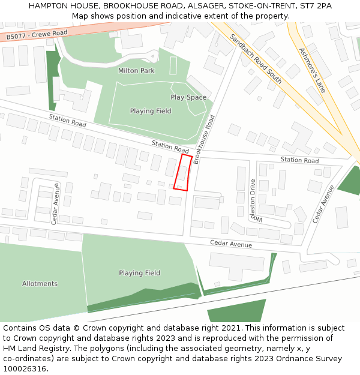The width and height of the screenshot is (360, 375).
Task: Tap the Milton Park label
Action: click(136, 71)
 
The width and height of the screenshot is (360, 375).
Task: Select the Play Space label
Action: click(188, 97)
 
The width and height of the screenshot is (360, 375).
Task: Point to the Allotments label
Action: click(40, 284)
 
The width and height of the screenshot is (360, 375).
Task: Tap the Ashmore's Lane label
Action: click(312, 70)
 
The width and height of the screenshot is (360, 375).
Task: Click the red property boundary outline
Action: click(183, 173)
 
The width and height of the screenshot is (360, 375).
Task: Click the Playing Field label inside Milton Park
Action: click(151, 111)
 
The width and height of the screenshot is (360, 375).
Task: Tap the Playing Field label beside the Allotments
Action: click(139, 273)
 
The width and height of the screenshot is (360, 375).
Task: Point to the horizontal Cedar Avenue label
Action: click(230, 244)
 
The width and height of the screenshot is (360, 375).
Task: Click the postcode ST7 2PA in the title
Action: click(316, 6)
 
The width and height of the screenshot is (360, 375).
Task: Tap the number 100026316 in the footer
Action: click(25, 369)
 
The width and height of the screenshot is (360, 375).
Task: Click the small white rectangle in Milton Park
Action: click(173, 65)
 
